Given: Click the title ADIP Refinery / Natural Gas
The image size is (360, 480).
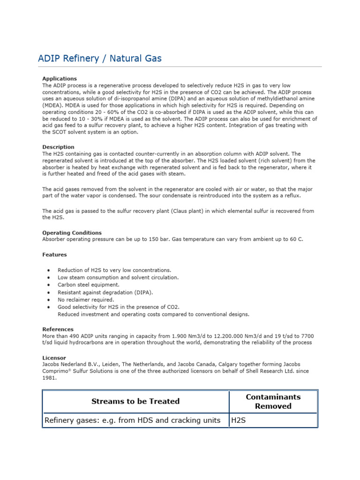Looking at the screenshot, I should coord(99,58).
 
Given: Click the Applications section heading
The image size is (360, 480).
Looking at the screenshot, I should coord(60,79).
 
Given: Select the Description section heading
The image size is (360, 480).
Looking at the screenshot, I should coord(58,147).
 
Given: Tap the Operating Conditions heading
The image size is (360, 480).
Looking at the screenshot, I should coord(72,232).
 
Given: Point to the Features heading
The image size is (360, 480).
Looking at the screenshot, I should coord(54,255).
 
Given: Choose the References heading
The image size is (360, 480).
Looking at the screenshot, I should coord(58,329).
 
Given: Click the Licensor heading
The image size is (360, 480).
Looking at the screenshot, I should coord(54,358).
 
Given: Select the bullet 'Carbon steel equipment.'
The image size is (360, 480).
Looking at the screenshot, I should coord(88,285).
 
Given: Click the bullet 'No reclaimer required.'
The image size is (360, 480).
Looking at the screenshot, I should coord(85,300).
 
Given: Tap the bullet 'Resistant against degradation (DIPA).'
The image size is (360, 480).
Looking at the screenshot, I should coord(105,292).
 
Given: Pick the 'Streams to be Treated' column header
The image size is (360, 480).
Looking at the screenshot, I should coord(135,401).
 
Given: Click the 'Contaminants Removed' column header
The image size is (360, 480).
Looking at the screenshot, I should coord(273,401).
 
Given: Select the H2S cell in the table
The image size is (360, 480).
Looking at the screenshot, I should coord(238,420).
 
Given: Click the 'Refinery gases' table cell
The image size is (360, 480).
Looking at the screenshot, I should coord(132,420).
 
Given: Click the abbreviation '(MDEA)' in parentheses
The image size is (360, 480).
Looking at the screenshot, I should coord(52,105).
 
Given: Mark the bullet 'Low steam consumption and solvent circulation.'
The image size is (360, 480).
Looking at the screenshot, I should coord(118,277).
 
